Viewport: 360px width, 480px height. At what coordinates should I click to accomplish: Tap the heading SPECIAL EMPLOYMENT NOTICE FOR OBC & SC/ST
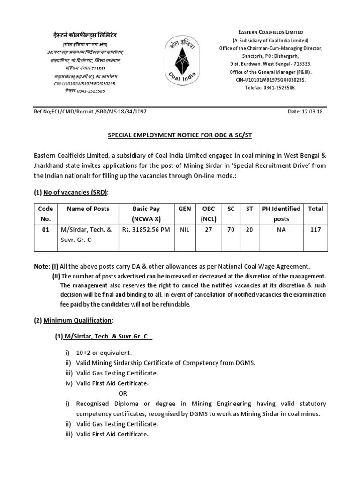[x=180, y=135]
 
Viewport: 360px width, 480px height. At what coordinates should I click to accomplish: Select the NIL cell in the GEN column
[x=185, y=230]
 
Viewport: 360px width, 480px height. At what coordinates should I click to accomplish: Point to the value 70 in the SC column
[x=231, y=230]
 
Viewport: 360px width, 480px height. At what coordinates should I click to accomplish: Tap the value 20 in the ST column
[x=249, y=230]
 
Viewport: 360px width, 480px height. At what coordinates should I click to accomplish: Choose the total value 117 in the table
[x=315, y=230]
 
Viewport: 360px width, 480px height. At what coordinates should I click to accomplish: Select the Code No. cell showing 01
[x=45, y=230]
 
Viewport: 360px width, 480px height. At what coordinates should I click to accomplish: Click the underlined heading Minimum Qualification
[x=78, y=320]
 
